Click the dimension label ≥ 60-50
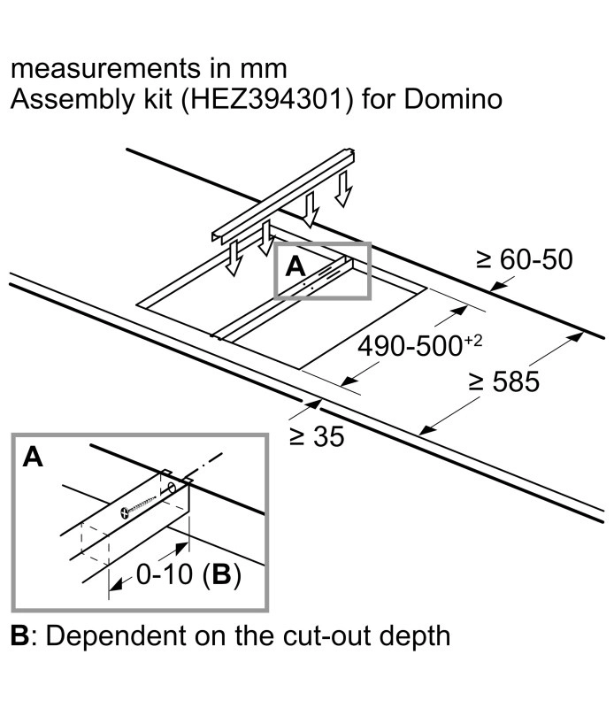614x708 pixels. click(x=524, y=259)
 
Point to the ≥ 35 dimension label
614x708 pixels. click(x=316, y=436)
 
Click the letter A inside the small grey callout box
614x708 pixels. click(x=295, y=265)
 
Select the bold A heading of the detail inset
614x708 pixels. click(x=33, y=457)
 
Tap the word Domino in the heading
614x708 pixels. click(x=452, y=98)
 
